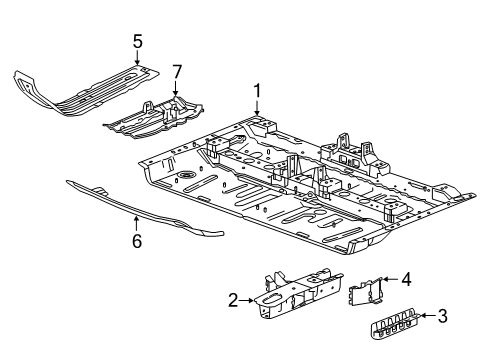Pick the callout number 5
click(137, 42)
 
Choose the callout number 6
click(137, 241)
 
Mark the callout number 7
click(177, 72)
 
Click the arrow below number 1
click(257, 111)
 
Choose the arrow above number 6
click(137, 222)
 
